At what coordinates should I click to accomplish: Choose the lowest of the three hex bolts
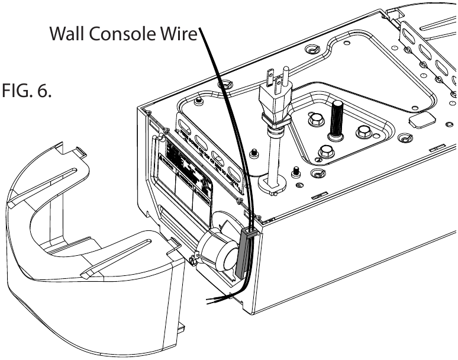[x=325, y=152]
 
